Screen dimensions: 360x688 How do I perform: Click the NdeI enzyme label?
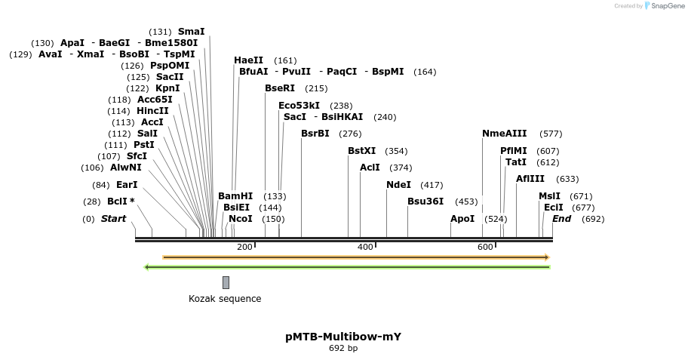(398, 185)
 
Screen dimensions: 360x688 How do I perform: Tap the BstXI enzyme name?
(361, 151)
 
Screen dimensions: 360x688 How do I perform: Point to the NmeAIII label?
(505, 134)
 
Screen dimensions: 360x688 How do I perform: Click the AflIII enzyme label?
(530, 179)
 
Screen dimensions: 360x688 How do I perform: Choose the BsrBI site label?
(315, 134)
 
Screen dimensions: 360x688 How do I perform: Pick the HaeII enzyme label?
(249, 60)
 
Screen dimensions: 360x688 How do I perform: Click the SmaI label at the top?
(191, 32)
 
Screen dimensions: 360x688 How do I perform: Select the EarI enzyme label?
(127, 185)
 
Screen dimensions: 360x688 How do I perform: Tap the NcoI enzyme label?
(241, 219)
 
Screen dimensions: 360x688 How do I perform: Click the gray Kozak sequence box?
(226, 282)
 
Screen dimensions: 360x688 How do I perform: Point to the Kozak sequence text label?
(225, 299)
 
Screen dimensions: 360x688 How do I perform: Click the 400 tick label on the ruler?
(365, 248)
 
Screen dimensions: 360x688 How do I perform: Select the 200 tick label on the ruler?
(244, 248)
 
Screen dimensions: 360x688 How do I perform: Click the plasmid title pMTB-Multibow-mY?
(343, 337)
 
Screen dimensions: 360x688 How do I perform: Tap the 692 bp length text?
(343, 349)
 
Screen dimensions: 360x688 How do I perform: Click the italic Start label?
(113, 219)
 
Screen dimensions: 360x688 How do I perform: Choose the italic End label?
(561, 219)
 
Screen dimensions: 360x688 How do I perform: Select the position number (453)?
(466, 202)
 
